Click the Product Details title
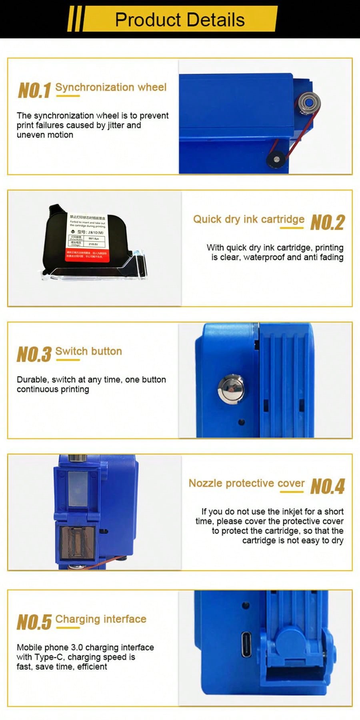[180, 20]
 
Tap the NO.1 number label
[34, 90]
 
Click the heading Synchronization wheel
[111, 87]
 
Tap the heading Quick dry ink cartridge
[248, 219]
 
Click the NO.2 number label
[327, 222]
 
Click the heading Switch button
[88, 351]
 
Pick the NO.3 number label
[34, 354]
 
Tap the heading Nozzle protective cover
[246, 483]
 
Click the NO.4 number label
[327, 486]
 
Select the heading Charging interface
[101, 619]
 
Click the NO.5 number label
[34, 622]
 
